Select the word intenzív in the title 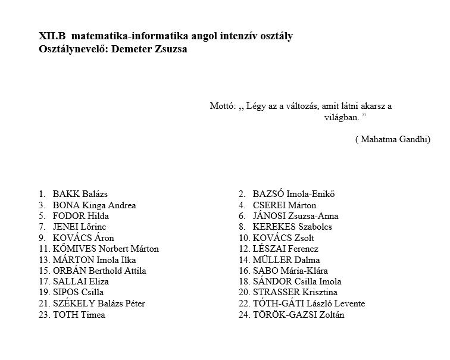click(233, 36)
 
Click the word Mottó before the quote click(223, 107)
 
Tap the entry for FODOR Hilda click(80, 216)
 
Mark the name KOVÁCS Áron click(83, 238)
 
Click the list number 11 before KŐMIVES click(43, 249)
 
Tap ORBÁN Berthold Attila click(99, 271)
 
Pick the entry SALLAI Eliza click(80, 281)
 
